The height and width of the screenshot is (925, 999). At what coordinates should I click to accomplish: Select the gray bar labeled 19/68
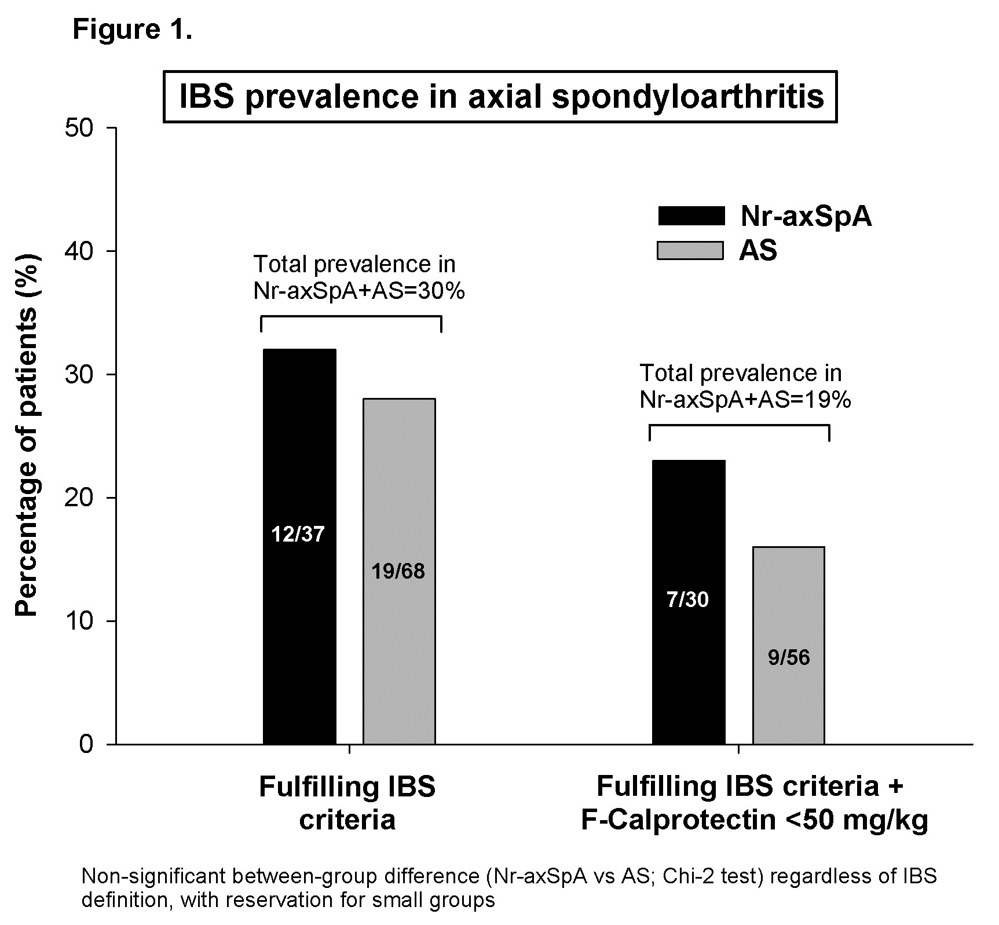(399, 571)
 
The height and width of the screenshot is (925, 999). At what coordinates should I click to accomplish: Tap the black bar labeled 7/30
(689, 602)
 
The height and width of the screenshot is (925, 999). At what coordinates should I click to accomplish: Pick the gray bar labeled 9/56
(788, 645)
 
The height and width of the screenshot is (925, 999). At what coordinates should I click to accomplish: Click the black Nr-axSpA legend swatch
(691, 216)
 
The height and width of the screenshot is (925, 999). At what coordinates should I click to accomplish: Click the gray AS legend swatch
(691, 250)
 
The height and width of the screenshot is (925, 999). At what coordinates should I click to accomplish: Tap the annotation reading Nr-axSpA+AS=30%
(359, 291)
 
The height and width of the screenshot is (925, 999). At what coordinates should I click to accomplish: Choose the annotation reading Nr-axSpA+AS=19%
(745, 400)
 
